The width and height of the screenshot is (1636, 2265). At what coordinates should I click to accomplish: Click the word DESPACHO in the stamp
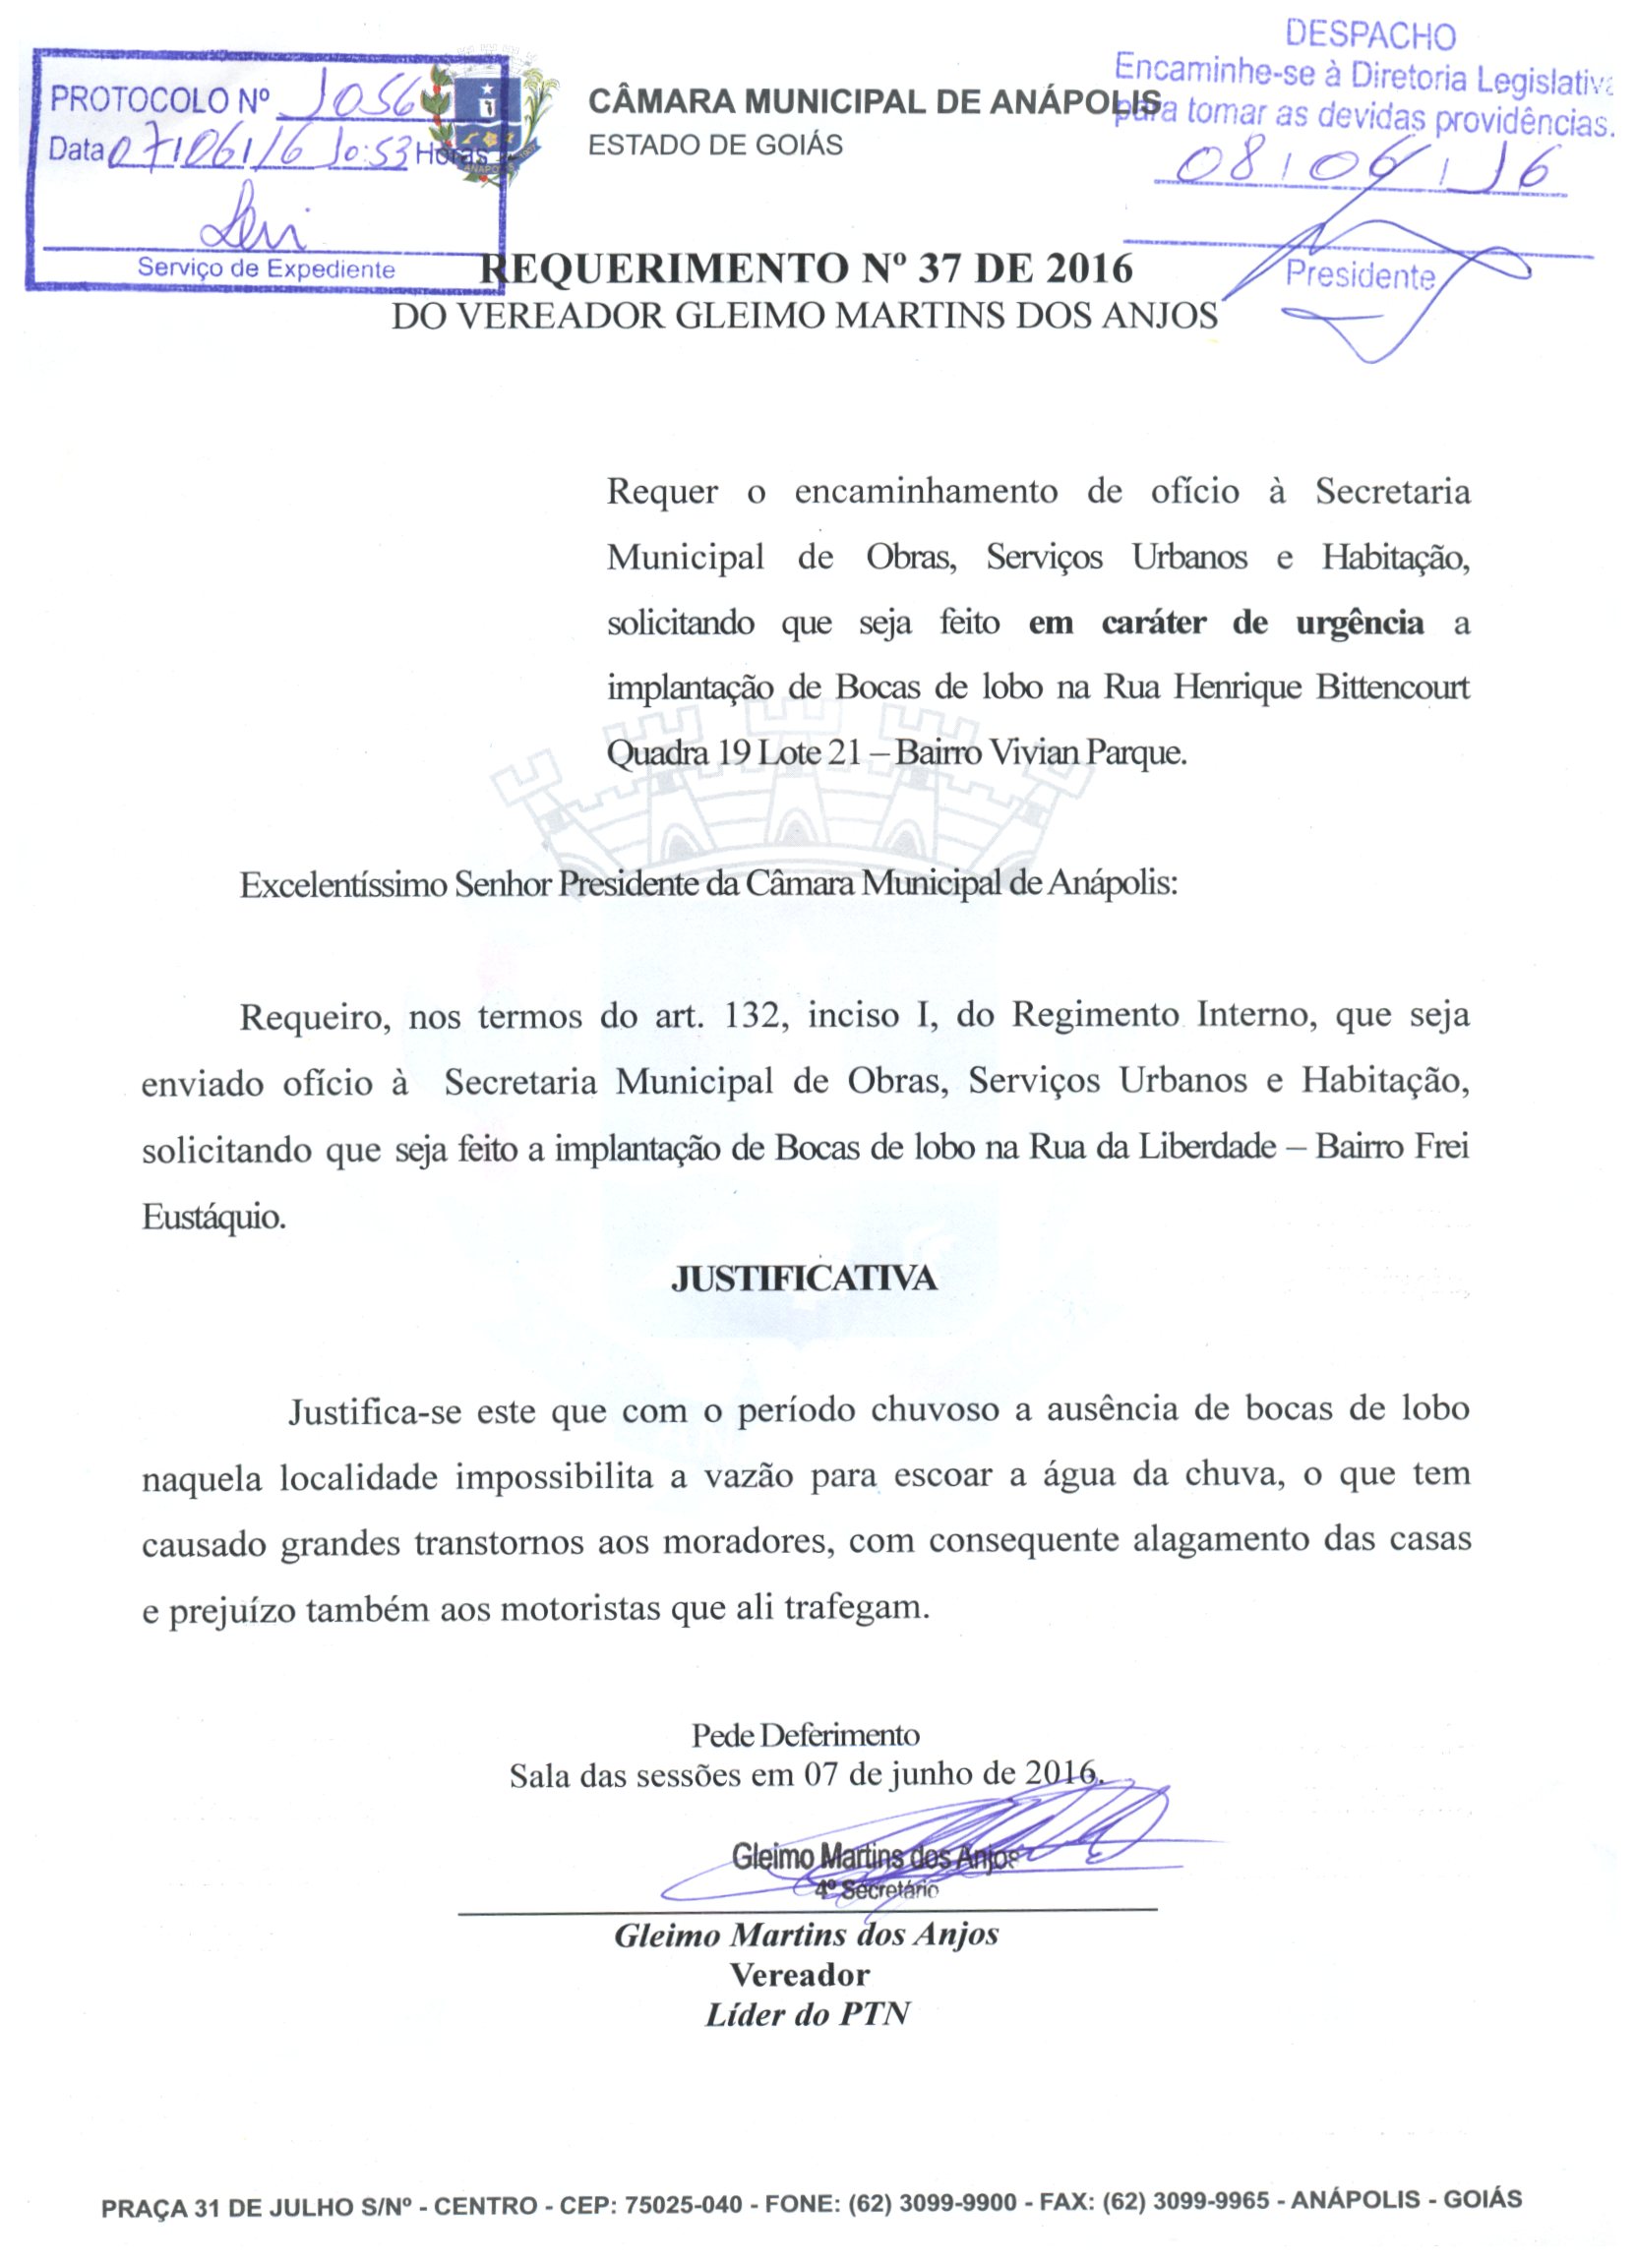(1369, 36)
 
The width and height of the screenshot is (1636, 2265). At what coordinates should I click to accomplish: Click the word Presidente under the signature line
(1360, 274)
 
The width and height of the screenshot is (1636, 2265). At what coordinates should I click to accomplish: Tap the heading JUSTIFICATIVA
(804, 1280)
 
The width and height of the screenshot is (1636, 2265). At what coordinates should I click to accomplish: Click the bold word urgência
(1360, 624)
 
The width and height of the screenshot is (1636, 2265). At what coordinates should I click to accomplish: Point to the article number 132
(751, 1016)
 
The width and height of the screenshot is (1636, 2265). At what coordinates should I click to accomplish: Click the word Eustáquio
(213, 1217)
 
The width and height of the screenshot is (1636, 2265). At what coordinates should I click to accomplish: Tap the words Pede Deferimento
(805, 1735)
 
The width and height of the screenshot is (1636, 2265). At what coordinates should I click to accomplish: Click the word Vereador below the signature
(799, 1975)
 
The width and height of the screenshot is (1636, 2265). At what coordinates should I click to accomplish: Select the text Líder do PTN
(807, 2014)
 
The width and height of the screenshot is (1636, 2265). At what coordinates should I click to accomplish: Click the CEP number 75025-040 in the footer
(683, 2203)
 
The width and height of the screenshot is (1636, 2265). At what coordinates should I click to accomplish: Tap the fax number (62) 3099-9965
(1185, 2201)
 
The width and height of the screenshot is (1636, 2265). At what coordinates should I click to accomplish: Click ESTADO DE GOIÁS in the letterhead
(715, 146)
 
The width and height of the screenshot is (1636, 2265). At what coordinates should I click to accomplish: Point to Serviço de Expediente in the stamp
(266, 268)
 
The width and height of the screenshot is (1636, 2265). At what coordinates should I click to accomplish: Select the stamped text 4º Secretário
(876, 1889)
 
